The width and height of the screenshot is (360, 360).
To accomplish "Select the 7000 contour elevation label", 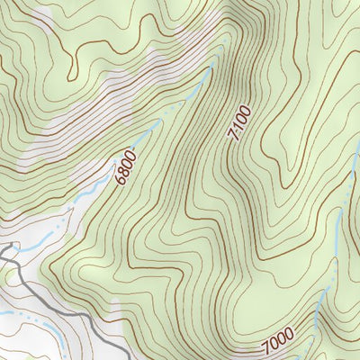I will (279, 342).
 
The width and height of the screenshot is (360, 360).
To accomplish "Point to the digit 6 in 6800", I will (120, 180).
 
